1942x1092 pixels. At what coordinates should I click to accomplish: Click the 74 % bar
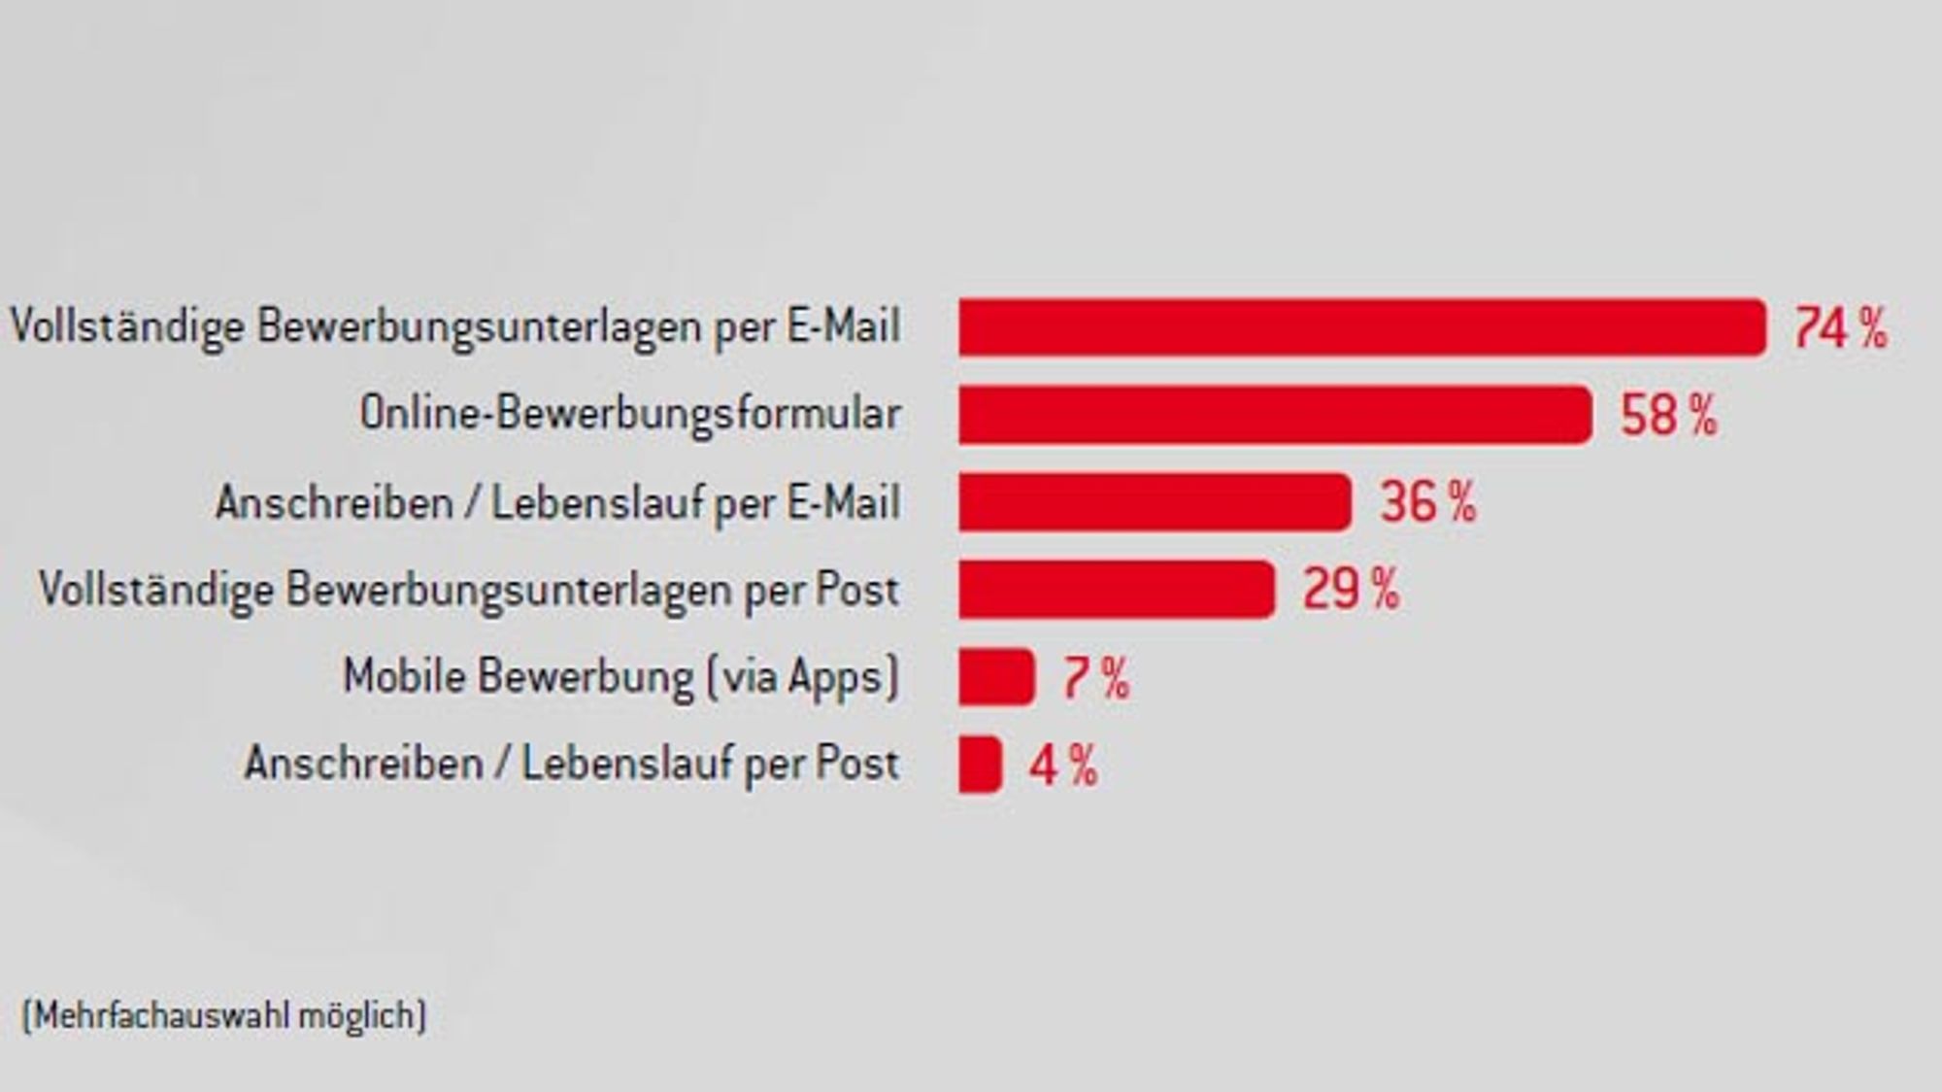pos(1362,327)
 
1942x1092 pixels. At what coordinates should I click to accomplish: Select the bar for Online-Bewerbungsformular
pos(1275,415)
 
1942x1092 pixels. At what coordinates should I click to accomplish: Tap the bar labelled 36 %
pos(1155,502)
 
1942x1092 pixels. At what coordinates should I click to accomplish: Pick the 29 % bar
pos(1117,589)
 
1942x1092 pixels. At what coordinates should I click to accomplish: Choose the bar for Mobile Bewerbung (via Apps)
pos(996,676)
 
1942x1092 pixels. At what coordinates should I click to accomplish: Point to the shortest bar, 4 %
pos(980,765)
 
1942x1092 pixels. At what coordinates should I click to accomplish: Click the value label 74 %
pos(1841,328)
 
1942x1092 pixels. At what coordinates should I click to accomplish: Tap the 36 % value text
pos(1428,503)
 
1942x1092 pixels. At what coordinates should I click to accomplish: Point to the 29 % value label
pos(1352,590)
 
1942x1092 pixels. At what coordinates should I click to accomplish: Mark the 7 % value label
pos(1096,678)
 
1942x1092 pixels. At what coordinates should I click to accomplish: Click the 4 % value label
pos(1064,766)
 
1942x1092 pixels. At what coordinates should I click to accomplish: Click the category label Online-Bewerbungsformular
pos(630,414)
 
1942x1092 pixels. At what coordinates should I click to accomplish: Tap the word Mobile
pos(405,675)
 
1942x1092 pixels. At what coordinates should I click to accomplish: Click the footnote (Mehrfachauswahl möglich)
pos(224,1016)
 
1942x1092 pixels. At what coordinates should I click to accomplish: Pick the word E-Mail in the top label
pos(844,325)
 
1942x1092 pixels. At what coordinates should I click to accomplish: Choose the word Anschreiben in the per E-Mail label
pos(335,503)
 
